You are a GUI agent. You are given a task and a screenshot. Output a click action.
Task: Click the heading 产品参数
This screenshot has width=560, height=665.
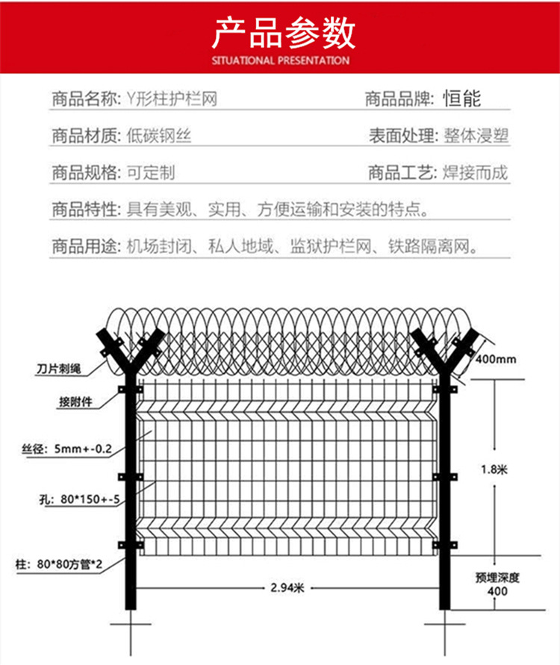pos(283,34)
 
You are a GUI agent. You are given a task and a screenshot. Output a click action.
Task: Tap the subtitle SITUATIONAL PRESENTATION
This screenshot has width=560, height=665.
pos(281,60)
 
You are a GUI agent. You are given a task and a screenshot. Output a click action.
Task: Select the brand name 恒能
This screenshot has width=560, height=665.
pos(462,99)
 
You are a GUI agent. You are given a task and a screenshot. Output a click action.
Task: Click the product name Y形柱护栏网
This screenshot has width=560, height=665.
pos(172,99)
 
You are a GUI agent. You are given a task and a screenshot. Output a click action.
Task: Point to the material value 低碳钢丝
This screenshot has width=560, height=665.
pos(159,136)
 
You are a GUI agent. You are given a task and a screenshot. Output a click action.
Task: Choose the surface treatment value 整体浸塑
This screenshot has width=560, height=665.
pos(476,136)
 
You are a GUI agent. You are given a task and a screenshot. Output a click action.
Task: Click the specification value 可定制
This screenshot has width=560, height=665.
pos(151,172)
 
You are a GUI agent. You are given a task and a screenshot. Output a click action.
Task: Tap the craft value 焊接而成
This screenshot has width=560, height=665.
pos(476,172)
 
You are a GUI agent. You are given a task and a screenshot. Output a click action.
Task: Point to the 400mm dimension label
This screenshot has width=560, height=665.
pos(496,359)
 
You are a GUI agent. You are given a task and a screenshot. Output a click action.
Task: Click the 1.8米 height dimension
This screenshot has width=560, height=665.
pos(494,469)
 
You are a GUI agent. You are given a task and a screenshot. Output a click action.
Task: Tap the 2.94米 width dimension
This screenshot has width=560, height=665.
pos(287,588)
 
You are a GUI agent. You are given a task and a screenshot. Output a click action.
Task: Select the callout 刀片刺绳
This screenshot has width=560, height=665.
pos(58,369)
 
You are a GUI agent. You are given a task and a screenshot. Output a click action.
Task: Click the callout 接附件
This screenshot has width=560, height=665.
pos(75,402)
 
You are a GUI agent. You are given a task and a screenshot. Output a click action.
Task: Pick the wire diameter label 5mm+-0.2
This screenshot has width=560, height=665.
pos(83,449)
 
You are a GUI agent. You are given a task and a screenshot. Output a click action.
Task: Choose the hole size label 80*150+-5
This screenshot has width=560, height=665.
pos(90,499)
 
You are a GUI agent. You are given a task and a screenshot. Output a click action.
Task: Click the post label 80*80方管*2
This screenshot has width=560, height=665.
pos(69,564)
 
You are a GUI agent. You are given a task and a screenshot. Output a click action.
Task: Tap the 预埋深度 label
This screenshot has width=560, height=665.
pos(497,578)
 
